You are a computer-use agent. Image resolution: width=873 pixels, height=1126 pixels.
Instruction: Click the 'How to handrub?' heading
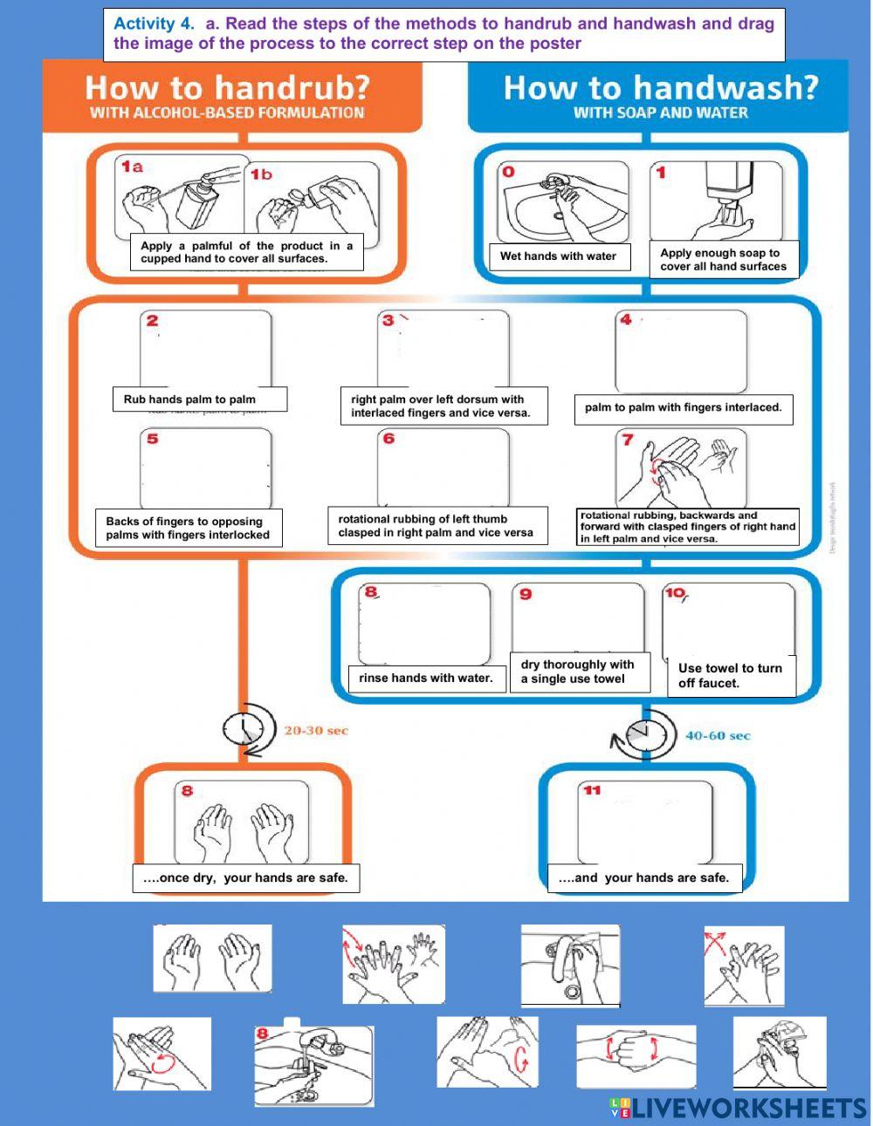click(227, 88)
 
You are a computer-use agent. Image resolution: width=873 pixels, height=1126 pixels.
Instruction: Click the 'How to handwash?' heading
click(661, 88)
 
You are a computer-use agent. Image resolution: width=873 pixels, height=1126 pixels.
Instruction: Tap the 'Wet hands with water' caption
click(558, 256)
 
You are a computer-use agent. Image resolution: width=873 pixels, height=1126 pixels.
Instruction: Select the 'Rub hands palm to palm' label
click(189, 399)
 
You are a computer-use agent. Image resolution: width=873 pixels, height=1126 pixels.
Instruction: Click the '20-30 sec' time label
click(315, 730)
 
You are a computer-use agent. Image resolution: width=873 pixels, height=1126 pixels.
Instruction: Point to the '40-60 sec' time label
click(718, 735)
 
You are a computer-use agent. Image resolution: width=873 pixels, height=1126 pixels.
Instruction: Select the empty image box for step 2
click(206, 349)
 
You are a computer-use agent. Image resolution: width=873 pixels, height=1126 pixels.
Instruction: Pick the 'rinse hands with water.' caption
click(426, 678)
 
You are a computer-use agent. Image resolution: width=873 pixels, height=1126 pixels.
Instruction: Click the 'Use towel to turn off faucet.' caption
click(730, 676)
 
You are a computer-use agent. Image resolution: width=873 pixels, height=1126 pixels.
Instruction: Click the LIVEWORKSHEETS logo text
click(749, 1108)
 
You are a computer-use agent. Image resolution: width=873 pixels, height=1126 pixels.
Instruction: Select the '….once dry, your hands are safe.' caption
click(245, 877)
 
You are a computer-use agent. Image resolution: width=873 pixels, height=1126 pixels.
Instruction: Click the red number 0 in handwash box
click(508, 172)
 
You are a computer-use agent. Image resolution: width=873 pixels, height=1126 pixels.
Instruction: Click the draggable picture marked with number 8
click(314, 1063)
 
